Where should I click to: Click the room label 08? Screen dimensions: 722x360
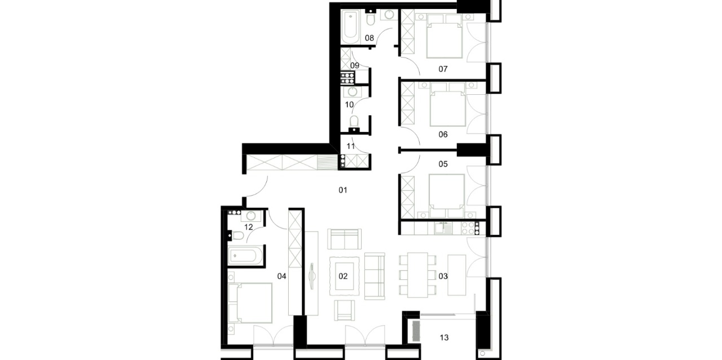coord(369,38)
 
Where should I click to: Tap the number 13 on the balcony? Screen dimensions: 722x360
coord(444,338)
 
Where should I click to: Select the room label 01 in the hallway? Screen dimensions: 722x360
coord(342,190)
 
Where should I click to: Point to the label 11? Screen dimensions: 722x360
coord(351,147)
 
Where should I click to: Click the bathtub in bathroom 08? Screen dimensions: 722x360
coord(350,27)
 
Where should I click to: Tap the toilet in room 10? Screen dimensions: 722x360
coord(354,125)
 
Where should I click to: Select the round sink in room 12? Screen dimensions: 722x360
coord(251,216)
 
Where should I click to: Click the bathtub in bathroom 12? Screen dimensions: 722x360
coord(244,256)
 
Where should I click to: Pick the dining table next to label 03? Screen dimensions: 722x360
coord(417,275)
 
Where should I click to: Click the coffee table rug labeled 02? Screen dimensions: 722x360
coord(344,276)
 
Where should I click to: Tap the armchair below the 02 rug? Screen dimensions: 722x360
coord(344,310)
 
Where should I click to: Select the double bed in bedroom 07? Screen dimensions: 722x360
coord(444,36)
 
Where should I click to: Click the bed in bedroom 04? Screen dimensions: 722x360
coord(250,303)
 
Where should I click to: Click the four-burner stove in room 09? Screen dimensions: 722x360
coord(347,77)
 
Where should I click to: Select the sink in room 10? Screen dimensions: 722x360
coord(353,92)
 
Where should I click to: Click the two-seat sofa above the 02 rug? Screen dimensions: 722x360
coord(344,239)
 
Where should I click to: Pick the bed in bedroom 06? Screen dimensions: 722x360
coord(448,105)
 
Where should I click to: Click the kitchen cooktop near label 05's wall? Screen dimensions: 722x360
coord(470,229)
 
